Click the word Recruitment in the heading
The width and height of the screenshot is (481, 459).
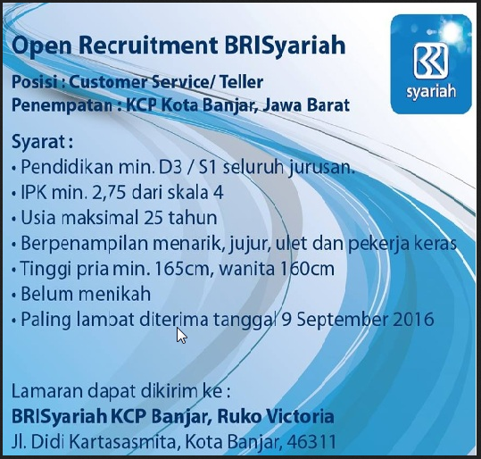point(128,45)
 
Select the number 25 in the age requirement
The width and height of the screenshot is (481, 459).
point(152,217)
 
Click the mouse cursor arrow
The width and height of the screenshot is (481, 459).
point(181,335)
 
